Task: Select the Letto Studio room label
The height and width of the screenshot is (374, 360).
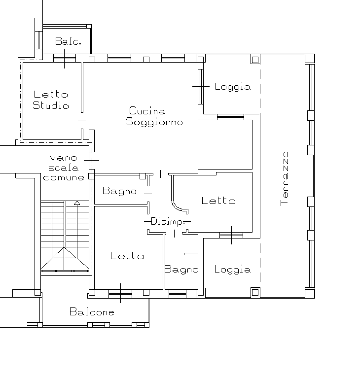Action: tap(50, 100)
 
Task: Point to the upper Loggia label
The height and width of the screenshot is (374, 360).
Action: tap(232, 87)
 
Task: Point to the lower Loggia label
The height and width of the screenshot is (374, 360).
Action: tap(232, 270)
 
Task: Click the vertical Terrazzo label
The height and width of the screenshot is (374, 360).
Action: tap(285, 178)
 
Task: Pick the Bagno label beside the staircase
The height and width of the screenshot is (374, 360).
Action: tap(119, 191)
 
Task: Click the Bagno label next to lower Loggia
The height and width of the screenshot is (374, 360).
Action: tap(181, 270)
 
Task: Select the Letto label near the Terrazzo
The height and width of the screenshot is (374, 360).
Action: tap(218, 201)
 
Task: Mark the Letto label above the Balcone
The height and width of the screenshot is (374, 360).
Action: tap(127, 256)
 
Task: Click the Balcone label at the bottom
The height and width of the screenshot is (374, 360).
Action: tap(92, 312)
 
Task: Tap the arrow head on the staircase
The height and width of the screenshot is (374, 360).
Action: tap(76, 203)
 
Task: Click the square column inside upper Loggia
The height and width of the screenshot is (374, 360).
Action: tap(255, 60)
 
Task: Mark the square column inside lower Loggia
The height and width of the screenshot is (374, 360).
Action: tap(255, 292)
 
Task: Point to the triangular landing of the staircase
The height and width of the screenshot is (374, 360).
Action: tap(65, 261)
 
